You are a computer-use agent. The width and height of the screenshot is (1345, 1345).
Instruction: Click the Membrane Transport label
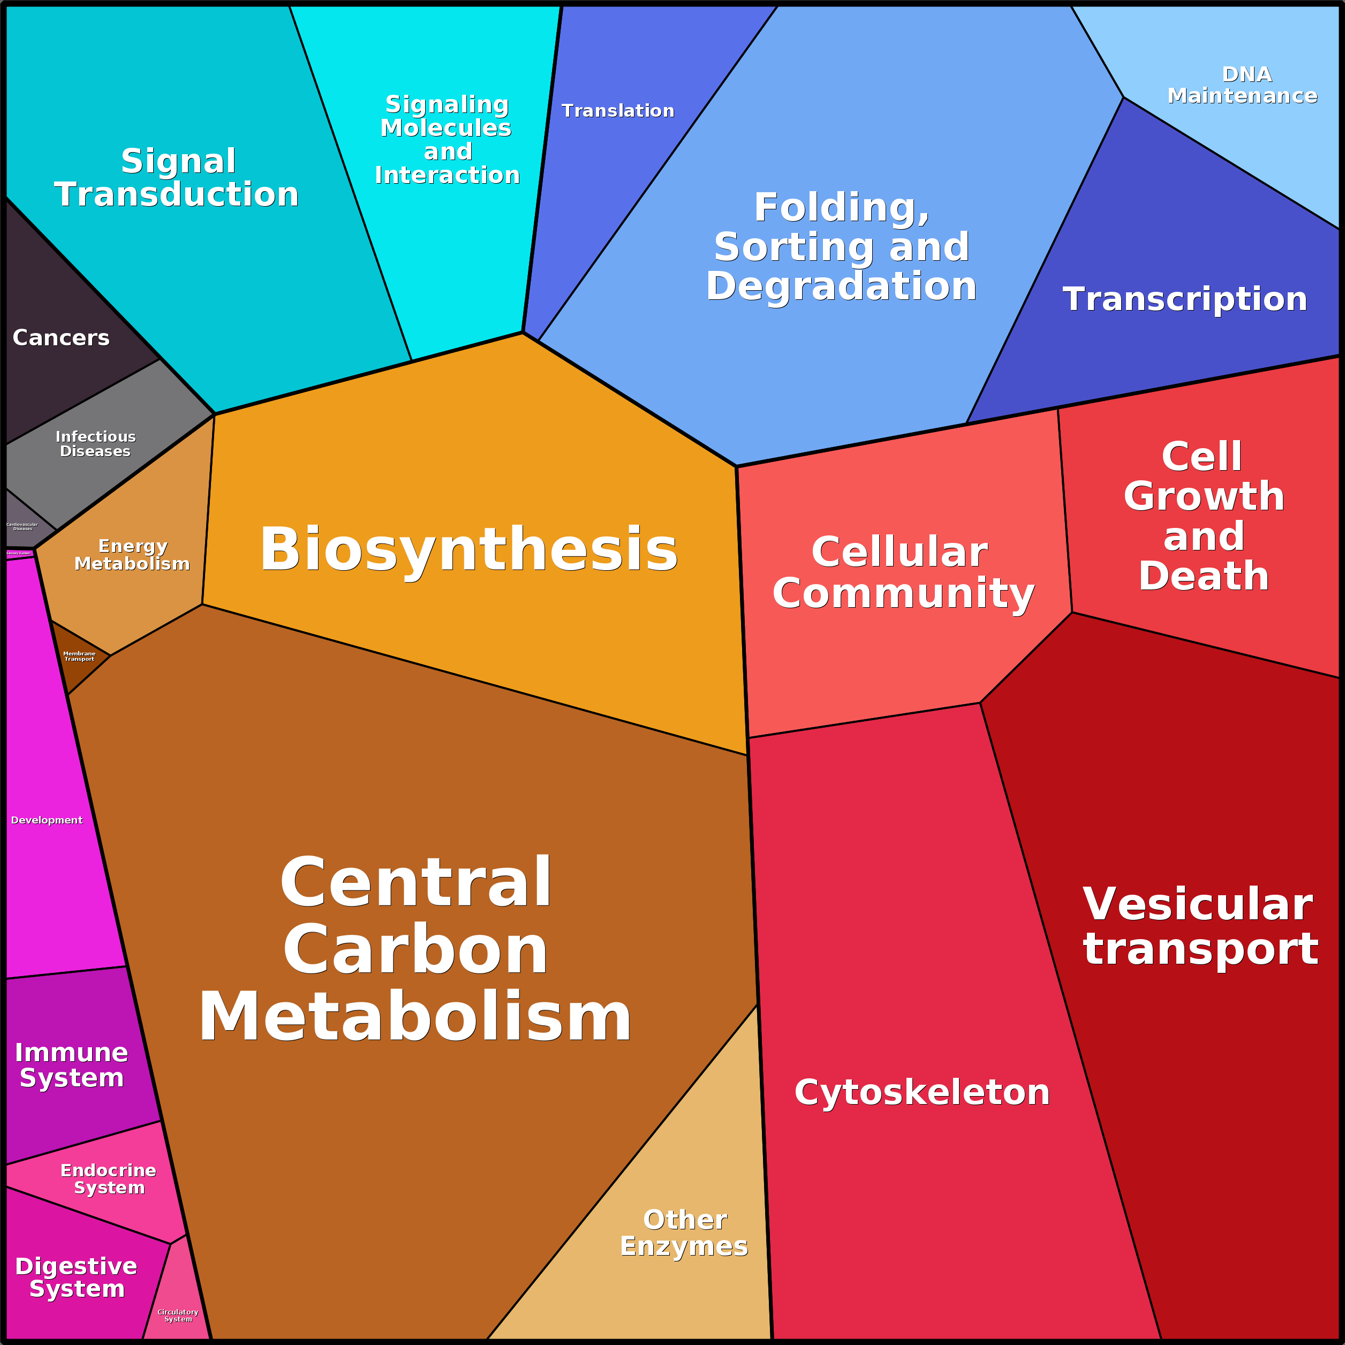pos(79,656)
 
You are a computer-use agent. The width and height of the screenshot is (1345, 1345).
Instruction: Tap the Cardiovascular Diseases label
pos(22,526)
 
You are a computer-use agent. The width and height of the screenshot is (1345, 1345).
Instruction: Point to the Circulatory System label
pos(178,1315)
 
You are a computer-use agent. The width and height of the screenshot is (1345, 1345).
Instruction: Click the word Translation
pos(617,111)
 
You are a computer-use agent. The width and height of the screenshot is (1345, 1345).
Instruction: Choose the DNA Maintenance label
pos(1242,85)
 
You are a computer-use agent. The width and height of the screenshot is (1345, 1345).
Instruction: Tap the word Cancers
pos(61,338)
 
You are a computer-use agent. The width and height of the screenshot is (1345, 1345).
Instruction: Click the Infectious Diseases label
pos(95,443)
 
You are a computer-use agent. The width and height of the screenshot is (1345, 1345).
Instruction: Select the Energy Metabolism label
pos(132,555)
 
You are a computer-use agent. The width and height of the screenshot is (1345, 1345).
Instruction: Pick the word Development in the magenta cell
pos(47,820)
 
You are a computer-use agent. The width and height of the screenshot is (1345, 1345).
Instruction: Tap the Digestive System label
pos(76,1277)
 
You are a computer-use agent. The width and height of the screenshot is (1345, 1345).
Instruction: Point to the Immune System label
pos(72,1064)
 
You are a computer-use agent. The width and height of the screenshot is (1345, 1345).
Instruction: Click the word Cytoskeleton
pos(921,1092)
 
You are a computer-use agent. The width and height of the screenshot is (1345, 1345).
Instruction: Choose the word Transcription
pos(1185,299)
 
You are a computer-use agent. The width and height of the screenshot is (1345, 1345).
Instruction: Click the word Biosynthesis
pos(469,549)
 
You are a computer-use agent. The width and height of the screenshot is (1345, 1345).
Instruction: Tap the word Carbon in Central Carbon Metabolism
pos(415,949)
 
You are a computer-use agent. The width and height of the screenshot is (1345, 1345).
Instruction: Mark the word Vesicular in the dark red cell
pos(1197,904)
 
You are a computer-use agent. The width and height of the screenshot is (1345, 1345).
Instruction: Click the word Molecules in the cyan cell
pos(445,128)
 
